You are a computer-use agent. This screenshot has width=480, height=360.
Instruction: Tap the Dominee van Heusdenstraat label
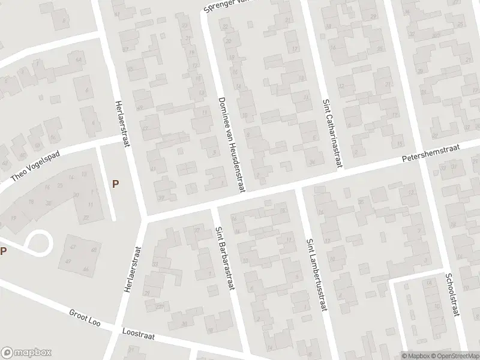231,145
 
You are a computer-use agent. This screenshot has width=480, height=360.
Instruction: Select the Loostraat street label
138,334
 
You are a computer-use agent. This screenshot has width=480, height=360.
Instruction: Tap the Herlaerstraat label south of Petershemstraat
134,270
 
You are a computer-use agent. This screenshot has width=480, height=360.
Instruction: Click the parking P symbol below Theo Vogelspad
115,184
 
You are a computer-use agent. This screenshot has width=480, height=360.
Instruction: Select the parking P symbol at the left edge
4,251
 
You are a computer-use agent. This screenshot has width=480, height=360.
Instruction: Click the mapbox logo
26,352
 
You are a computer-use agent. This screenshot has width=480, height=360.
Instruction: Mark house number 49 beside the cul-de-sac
68,260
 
